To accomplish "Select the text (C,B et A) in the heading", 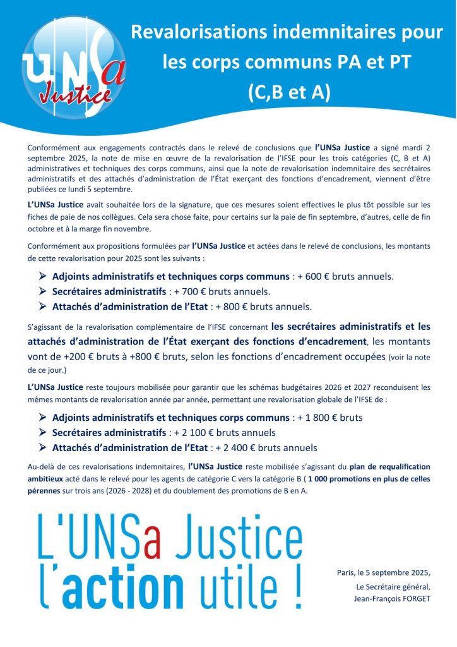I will point(288,92).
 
